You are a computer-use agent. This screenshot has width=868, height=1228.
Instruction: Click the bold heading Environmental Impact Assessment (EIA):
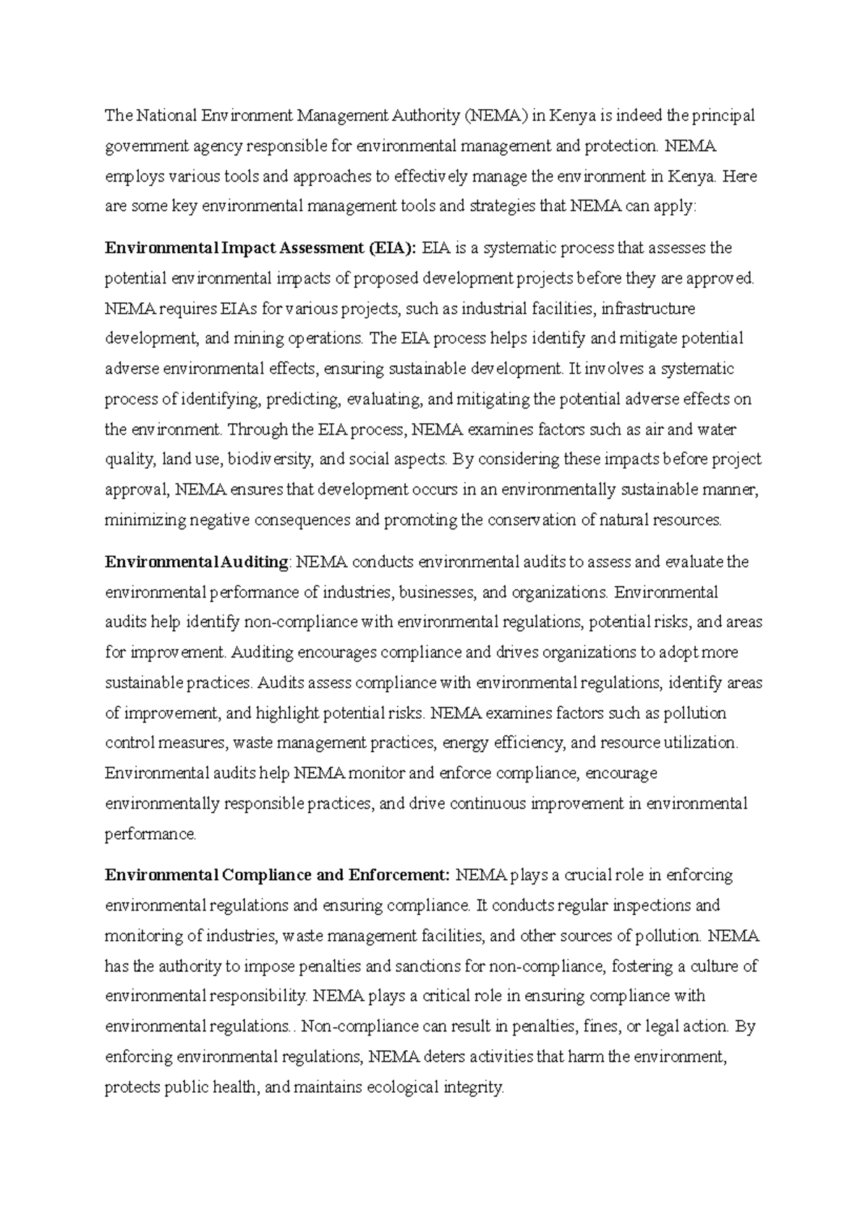tap(261, 249)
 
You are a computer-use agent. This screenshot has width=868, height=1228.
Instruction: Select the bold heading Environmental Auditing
tap(197, 563)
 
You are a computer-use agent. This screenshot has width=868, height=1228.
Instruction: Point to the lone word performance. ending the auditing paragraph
tap(150, 835)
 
